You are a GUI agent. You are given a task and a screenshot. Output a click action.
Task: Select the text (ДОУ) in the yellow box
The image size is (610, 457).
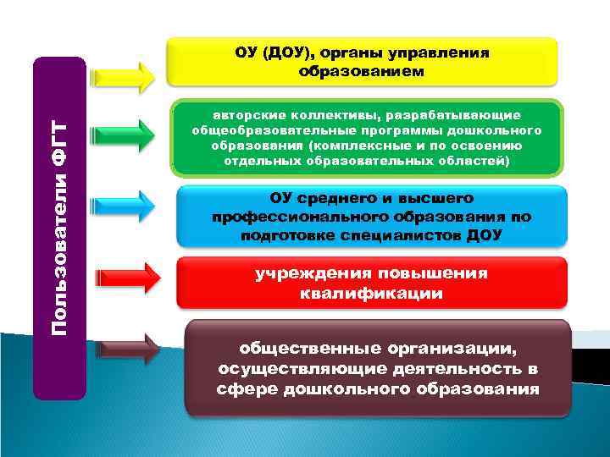coord(287,53)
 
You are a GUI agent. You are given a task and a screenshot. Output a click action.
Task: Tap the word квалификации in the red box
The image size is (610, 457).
coord(370,294)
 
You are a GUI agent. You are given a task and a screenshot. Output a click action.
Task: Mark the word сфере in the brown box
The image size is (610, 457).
coord(247,389)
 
